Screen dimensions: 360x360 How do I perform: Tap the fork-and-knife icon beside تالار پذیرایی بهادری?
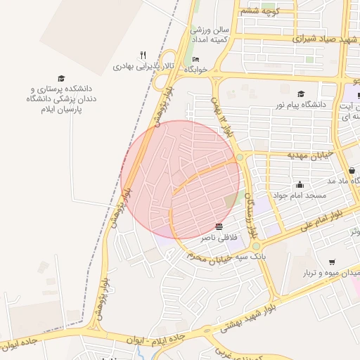pos(143,55)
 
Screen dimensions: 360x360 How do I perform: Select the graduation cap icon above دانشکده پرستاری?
pos(61,78)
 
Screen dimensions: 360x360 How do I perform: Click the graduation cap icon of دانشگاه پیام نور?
pos(301,94)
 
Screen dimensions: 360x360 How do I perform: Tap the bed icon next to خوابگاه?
pos(195,59)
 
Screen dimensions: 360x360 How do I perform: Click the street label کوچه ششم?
pos(260,11)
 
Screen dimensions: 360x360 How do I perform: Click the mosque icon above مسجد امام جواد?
pos(300,184)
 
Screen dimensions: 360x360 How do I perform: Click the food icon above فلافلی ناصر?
pos(219,226)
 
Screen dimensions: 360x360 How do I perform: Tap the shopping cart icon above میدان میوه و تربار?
pos(331,262)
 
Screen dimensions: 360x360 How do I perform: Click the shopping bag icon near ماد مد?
pos(351,170)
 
